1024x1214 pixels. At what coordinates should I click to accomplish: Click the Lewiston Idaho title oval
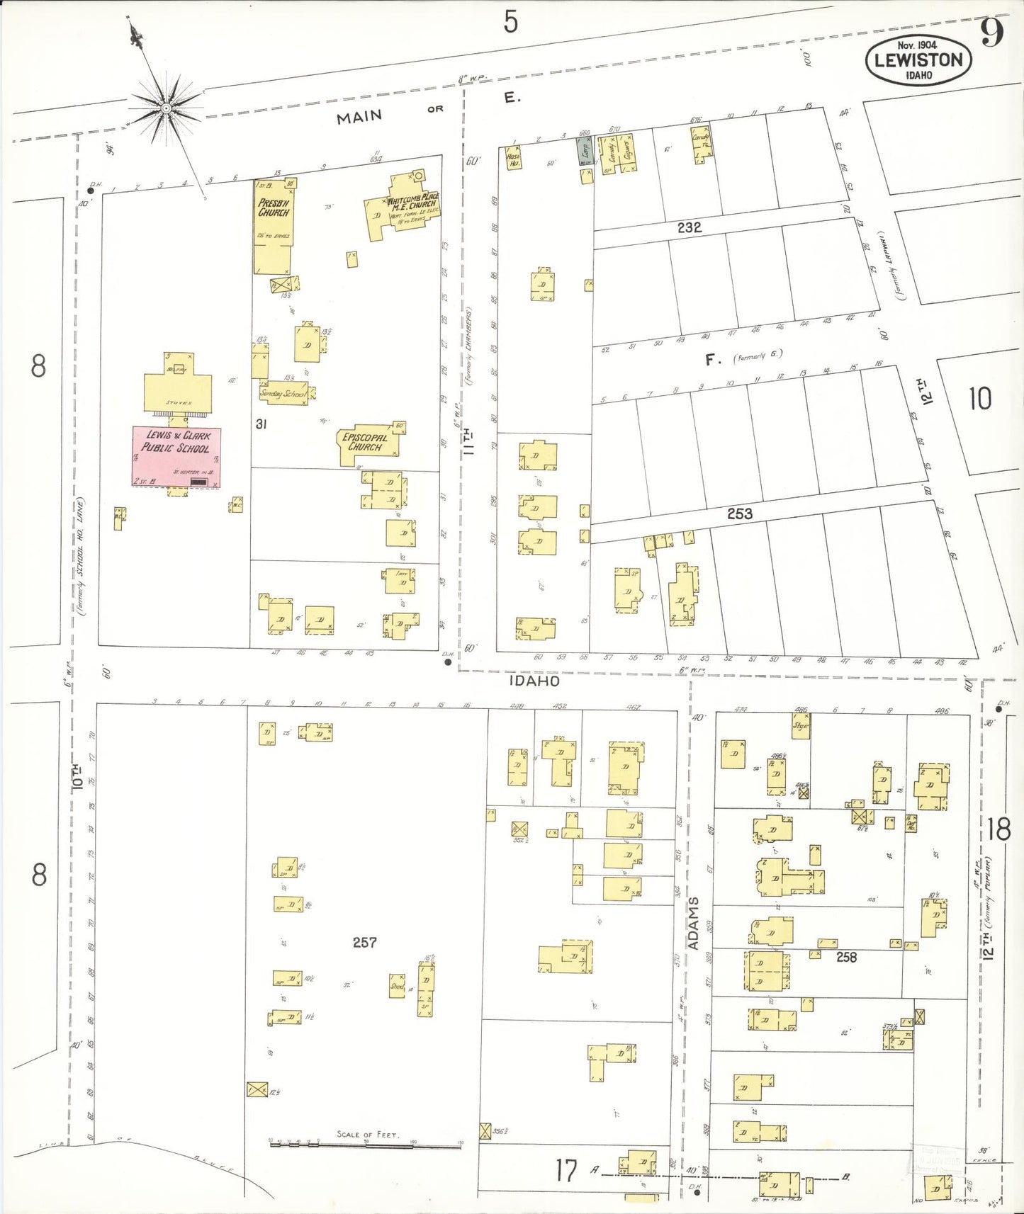click(918, 60)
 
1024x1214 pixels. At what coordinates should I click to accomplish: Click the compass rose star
click(166, 108)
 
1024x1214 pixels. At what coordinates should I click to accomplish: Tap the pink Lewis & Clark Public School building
click(176, 456)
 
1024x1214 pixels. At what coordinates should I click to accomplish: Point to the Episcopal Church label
click(365, 443)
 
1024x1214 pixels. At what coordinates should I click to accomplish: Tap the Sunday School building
click(283, 392)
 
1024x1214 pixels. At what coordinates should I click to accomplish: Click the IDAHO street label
click(534, 681)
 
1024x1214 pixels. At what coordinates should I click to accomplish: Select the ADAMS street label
click(694, 923)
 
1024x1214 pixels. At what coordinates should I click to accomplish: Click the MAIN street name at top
click(359, 117)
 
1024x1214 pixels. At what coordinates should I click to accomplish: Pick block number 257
click(364, 942)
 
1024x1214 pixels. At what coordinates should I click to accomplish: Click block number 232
click(689, 227)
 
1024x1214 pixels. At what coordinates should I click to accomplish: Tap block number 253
click(739, 514)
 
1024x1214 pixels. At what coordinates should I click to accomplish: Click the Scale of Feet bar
click(365, 1142)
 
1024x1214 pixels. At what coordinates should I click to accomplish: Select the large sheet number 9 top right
click(991, 33)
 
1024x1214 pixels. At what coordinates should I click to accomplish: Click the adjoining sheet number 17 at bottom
click(566, 1171)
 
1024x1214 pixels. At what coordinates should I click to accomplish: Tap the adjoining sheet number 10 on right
click(980, 399)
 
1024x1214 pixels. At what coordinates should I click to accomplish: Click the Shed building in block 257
click(397, 985)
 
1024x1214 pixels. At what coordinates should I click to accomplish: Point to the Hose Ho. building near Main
click(513, 159)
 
